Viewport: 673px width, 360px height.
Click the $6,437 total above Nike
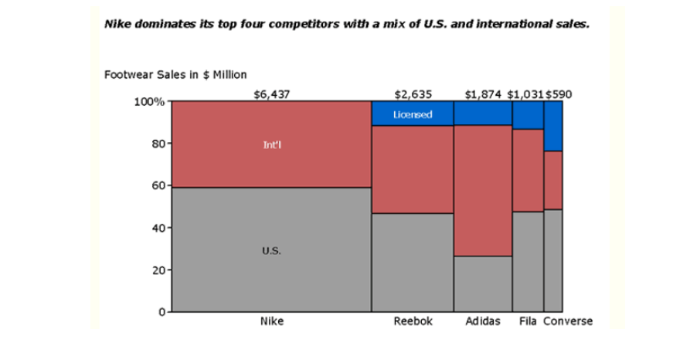[x=271, y=94]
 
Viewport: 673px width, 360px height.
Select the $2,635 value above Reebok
[x=413, y=94]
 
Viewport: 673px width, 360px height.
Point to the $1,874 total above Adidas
[x=483, y=94]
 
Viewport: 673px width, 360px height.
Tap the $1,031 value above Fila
[x=525, y=94]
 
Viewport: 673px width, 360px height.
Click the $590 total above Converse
[x=559, y=94]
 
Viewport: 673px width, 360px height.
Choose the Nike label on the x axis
[x=271, y=321]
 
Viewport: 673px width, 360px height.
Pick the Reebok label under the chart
[x=413, y=321]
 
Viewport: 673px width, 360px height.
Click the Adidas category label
[x=483, y=321]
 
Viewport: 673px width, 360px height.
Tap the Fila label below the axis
[x=529, y=321]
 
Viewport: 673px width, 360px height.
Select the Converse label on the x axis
[x=568, y=321]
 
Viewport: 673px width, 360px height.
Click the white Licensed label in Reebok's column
[x=413, y=114]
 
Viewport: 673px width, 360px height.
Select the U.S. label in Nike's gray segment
[x=271, y=251]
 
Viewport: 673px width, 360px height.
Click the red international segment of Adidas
[x=483, y=190]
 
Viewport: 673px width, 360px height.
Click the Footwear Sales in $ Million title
[x=175, y=75]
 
